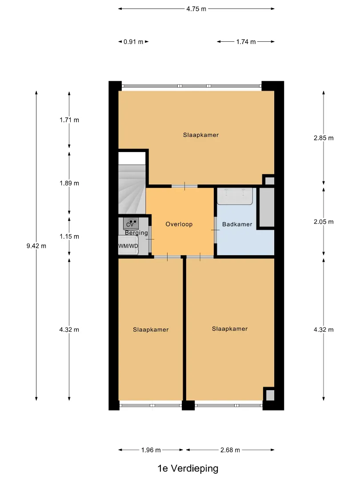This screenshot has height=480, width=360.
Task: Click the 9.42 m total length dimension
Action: tap(36, 246)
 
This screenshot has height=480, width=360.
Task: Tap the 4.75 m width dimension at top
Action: tap(196, 9)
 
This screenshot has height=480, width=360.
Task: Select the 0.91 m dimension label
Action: tap(133, 42)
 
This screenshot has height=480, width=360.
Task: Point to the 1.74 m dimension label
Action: tap(246, 42)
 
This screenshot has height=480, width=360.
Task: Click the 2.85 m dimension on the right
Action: tap(324, 138)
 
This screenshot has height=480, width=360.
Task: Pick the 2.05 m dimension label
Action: tap(324, 222)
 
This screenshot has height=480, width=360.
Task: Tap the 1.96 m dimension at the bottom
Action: tap(151, 450)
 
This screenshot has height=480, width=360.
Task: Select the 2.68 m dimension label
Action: tap(230, 450)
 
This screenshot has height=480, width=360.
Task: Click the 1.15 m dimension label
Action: tap(69, 236)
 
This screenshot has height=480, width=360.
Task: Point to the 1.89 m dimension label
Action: tap(69, 183)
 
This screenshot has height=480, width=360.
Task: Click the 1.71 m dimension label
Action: tap(69, 120)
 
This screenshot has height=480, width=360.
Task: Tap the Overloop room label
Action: tap(179, 224)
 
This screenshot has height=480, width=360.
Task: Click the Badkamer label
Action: tap(237, 224)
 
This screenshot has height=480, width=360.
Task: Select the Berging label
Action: tap(136, 233)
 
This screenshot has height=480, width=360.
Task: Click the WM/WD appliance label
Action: tap(128, 246)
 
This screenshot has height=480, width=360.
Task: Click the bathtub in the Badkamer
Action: tap(235, 196)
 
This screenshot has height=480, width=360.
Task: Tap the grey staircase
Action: tap(132, 189)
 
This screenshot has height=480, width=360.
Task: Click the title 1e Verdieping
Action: tap(188, 468)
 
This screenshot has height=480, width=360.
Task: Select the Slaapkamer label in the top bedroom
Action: tap(201, 135)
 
